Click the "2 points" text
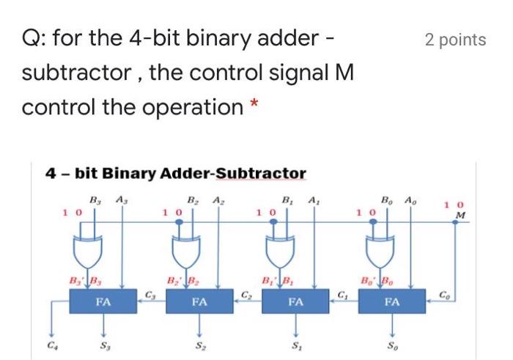[x=455, y=40]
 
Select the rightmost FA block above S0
[x=393, y=301]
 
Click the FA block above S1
[x=296, y=301]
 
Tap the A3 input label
[x=120, y=199]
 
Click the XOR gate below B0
[x=380, y=253]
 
